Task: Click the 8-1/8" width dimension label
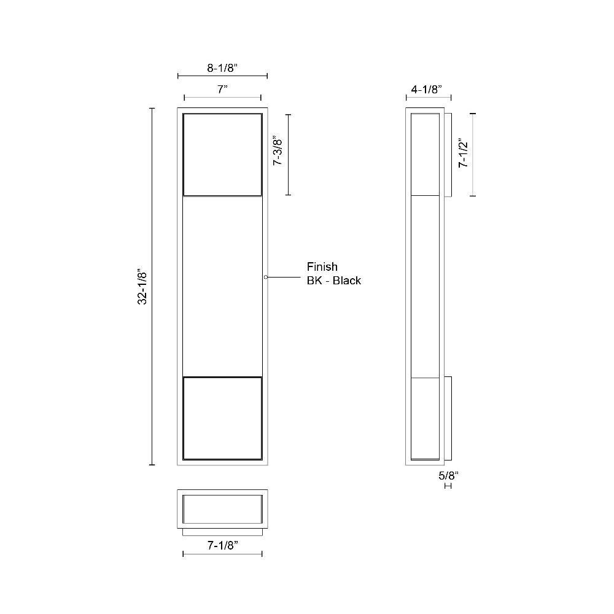[x=222, y=68]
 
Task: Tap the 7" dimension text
[x=222, y=89]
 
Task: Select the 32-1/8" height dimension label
[x=142, y=286]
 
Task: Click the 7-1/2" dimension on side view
[x=463, y=153]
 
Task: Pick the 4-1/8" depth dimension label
[x=427, y=89]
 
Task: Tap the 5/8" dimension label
[x=448, y=476]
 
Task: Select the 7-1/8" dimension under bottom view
[x=223, y=545]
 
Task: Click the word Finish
[x=322, y=266]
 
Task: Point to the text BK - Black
[x=334, y=281]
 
